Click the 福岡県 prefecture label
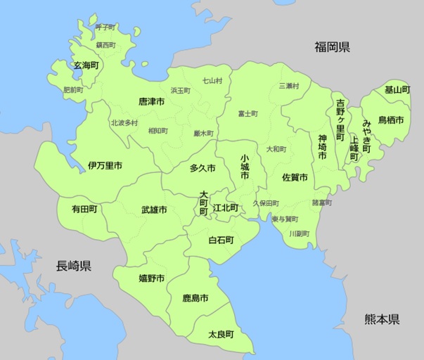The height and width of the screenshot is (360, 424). pos(333,48)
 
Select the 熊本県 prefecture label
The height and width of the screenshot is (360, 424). pos(382,319)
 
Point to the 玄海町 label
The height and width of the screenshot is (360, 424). pos(86,65)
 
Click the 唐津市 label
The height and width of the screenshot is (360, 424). pos(152,102)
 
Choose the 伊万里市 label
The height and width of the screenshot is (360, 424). pos(105,166)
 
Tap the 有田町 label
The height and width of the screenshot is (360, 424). pos(84,209)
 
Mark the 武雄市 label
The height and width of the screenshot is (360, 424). pos(153,210)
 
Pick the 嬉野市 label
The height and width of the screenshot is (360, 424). pos(151,278)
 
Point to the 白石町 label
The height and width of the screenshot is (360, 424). pos(220,240)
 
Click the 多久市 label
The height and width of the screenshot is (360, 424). pos(203,169)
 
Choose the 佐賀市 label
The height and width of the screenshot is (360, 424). pos(294,177)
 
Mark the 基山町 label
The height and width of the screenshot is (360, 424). pos(397,90)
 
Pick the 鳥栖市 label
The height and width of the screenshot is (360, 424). pos(390,120)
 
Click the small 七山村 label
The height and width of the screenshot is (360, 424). pos(212,81)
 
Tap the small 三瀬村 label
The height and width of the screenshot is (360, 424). pos(288,86)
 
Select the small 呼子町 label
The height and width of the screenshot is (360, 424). pos(105,27)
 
